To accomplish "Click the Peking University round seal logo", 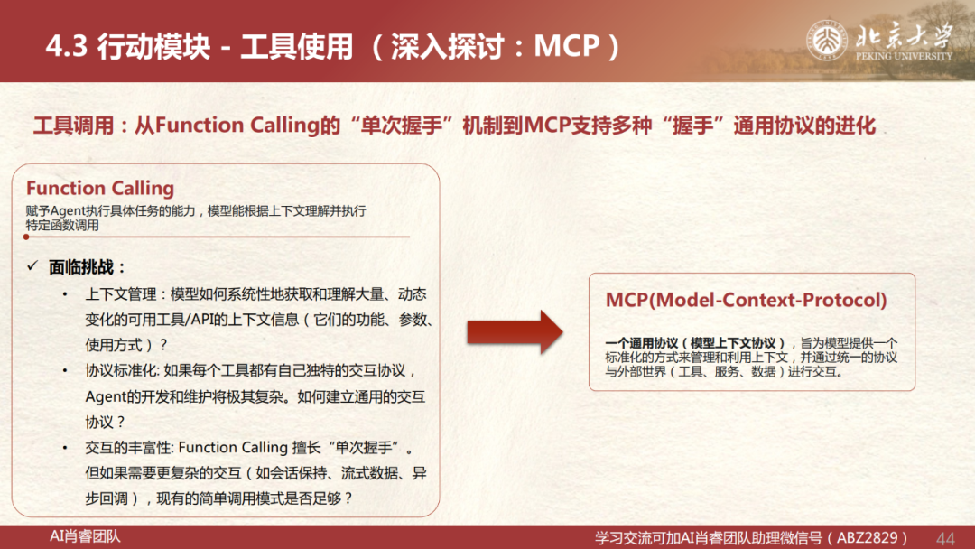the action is (x=827, y=40).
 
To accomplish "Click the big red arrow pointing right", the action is (x=515, y=332).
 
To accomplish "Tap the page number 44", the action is (x=945, y=538).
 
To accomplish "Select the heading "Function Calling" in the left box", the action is (x=100, y=189).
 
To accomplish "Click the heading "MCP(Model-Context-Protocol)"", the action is (x=747, y=301).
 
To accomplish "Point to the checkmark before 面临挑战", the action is (x=32, y=266).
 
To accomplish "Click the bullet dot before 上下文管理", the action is (x=65, y=294).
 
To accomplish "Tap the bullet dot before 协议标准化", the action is (x=65, y=370).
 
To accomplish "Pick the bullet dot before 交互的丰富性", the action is (x=65, y=448).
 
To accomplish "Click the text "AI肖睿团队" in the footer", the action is (x=85, y=536).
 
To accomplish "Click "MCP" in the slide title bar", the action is (x=566, y=46).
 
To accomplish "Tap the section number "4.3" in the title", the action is (x=67, y=47).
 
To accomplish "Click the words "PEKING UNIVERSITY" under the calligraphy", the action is (x=904, y=56).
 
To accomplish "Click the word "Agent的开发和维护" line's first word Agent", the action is (x=106, y=396).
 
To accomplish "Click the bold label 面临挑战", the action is (x=81, y=267).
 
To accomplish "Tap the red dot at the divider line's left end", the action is (x=26, y=237).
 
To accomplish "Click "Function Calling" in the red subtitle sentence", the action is (x=237, y=125).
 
